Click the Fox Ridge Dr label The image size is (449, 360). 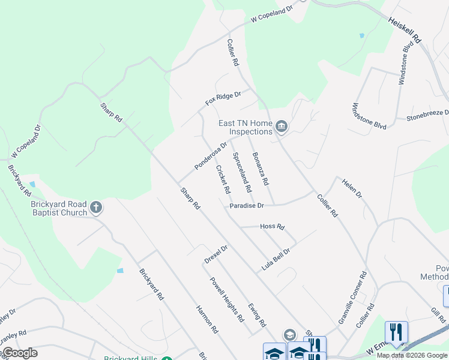pos(223,98)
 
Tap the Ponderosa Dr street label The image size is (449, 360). pos(211,155)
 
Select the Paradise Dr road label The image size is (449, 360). pos(246,206)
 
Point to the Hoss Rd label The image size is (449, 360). pos(272,226)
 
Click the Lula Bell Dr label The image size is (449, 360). pos(276,259)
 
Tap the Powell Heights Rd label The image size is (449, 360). pos(227,298)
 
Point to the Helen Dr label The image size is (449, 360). pos(352,188)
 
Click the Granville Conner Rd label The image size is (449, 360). pos(352,298)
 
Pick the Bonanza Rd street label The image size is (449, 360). pos(260,169)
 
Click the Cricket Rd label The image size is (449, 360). pos(223,179)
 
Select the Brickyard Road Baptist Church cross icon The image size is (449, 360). pos(95,208)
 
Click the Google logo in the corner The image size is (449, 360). pos(19,353)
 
